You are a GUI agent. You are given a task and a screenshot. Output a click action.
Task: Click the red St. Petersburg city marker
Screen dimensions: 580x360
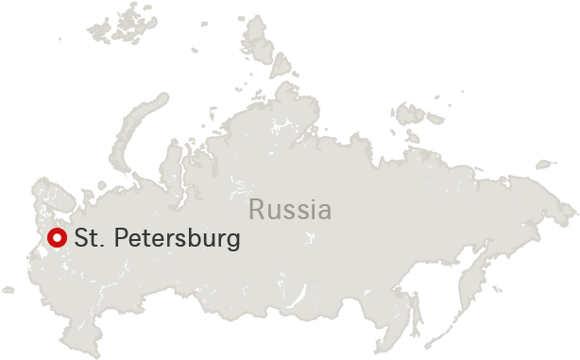[x=56, y=238]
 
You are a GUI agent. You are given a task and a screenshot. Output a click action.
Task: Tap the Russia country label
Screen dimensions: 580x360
[x=290, y=210]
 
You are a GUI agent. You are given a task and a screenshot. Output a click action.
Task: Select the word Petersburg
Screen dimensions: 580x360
[x=177, y=239]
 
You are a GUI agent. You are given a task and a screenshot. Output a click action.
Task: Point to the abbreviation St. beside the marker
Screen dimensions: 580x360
[x=88, y=238]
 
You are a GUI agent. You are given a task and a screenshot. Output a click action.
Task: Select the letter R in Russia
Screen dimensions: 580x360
[x=255, y=210]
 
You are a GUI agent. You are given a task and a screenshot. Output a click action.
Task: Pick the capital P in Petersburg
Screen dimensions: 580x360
[x=122, y=238]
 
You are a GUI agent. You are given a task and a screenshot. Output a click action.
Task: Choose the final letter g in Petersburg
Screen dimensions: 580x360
[x=233, y=241]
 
